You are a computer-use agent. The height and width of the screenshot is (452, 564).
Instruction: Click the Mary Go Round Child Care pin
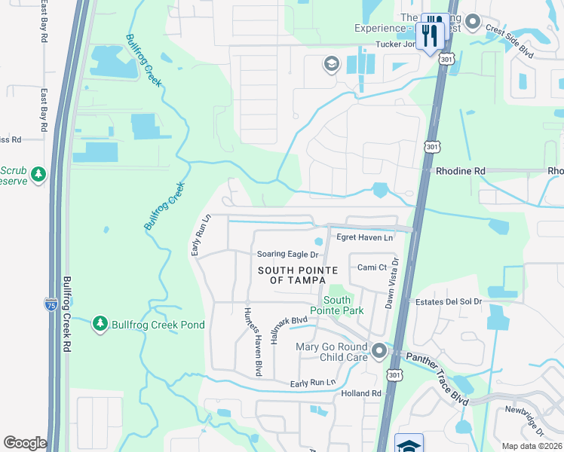pyautogui.click(x=379, y=350)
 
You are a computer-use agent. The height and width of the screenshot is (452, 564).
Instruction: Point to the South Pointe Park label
pyautogui.click(x=338, y=305)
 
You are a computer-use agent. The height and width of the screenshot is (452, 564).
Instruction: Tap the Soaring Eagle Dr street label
pyautogui.click(x=287, y=255)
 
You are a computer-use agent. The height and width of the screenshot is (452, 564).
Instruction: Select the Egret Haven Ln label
pyautogui.click(x=365, y=238)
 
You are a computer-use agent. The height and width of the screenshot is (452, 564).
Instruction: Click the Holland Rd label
pyautogui.click(x=360, y=393)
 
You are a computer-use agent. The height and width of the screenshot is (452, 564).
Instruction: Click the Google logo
pyautogui.click(x=25, y=443)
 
